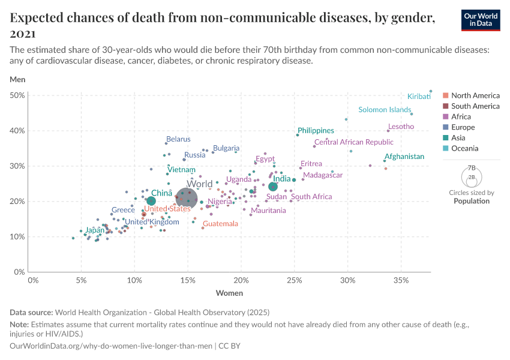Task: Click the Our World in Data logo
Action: pyautogui.click(x=481, y=20)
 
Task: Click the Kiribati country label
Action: pyautogui.click(x=419, y=97)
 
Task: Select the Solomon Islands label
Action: pyautogui.click(x=385, y=110)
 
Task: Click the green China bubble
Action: pyautogui.click(x=151, y=201)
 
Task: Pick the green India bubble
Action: pyautogui.click(x=273, y=187)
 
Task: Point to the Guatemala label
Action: pyautogui.click(x=220, y=224)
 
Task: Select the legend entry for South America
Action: pyautogui.click(x=475, y=106)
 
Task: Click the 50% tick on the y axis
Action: pyautogui.click(x=17, y=95)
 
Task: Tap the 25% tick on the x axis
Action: pyautogui.click(x=294, y=281)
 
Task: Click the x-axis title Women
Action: pyautogui.click(x=229, y=293)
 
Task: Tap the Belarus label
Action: pyautogui.click(x=178, y=139)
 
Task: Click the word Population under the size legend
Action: pyautogui.click(x=471, y=201)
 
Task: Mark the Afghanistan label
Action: pyautogui.click(x=404, y=157)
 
